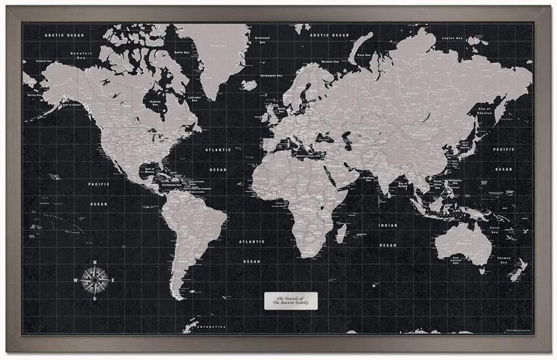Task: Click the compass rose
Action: [94, 280]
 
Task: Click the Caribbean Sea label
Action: [175, 183]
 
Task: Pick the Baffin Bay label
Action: [182, 53]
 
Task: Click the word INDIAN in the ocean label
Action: [387, 226]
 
